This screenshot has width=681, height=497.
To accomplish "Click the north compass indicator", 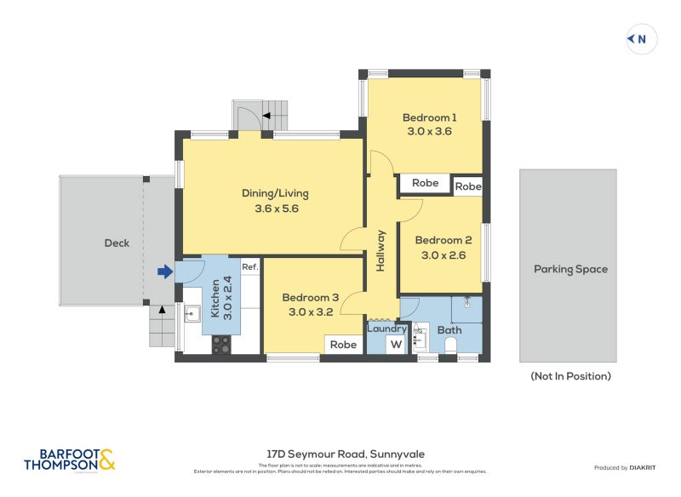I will [642, 39].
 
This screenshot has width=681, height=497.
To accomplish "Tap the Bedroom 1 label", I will [429, 117].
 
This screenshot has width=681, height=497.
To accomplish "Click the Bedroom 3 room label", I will [310, 297].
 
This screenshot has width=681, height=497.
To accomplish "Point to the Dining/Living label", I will [270, 193].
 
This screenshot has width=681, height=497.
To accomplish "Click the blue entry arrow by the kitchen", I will [165, 271].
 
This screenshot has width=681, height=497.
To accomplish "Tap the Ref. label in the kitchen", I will [249, 267].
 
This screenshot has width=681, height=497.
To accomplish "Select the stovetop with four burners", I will [220, 345].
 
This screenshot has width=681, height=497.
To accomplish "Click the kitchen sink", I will [192, 314].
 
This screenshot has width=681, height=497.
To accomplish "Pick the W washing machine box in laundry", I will [396, 345].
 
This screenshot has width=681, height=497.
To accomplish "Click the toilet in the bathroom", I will [452, 346].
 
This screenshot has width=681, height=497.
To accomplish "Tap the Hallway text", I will [381, 251].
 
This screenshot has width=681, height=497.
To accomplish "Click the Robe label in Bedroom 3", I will [343, 345].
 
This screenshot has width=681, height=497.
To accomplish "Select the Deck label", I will [117, 243].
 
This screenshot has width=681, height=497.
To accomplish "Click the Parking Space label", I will [570, 269].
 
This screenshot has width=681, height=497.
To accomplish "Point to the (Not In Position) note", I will [569, 375].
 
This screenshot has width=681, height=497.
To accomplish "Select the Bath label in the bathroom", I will [449, 330].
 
